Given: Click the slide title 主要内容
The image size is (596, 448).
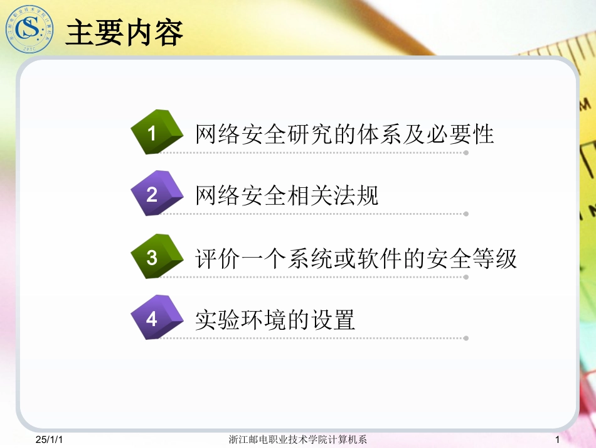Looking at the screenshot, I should tap(124, 32).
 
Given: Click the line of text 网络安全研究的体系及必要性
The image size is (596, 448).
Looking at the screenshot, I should tap(345, 134).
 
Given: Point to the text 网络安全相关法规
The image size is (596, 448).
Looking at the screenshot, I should tap(287, 196).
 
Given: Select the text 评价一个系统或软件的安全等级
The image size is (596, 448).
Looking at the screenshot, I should tap(356, 258).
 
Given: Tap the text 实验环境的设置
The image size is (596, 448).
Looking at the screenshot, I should tap(275, 320).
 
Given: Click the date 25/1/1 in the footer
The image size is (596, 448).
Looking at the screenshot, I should tap(50, 439).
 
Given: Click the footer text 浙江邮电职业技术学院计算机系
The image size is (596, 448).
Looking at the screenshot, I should tap(298, 439).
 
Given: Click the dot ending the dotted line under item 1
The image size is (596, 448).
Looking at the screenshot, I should tap(466, 152).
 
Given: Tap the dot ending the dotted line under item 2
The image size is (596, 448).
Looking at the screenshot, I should tap(466, 214).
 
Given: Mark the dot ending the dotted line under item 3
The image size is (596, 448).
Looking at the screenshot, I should tap(466, 276).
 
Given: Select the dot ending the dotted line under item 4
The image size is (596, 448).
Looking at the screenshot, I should tap(466, 338).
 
